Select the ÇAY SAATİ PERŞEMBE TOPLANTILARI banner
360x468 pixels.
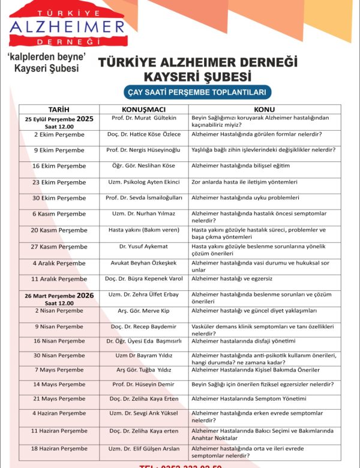pos(189,92)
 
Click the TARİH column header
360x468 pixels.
pos(59,109)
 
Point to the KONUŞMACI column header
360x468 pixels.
pos(143,109)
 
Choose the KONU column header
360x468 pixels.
pos(264,109)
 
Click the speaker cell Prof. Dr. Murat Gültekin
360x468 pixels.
pos(143,118)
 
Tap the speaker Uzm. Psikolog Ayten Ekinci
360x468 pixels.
pos(143,182)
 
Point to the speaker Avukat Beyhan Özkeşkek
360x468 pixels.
pos(143,263)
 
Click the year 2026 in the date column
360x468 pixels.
pos(85,295)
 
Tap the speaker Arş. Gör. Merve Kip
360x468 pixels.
pos(143,310)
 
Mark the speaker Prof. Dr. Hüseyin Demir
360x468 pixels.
pos(143,384)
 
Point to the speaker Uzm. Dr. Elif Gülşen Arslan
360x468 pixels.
pos(143,448)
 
